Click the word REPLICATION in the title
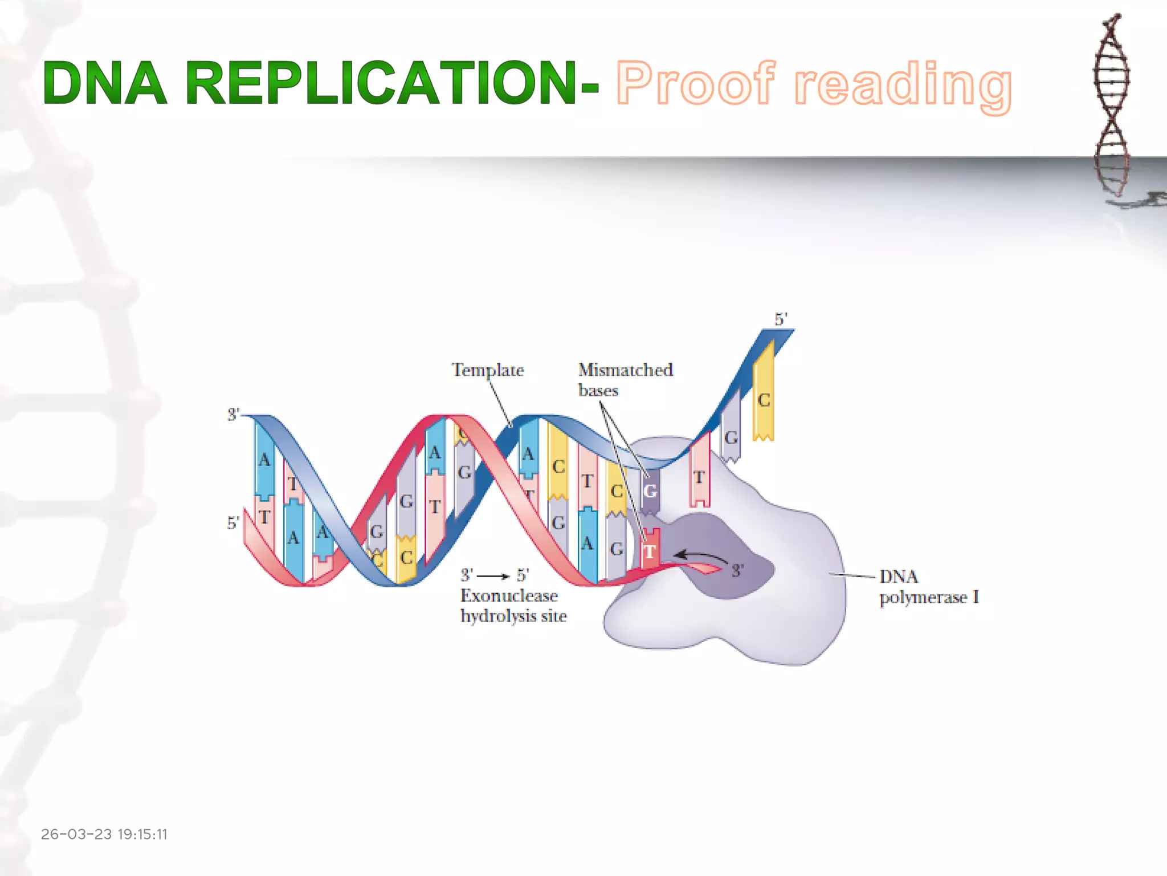381,84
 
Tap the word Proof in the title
696,84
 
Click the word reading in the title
903,86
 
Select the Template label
488,370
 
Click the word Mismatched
625,370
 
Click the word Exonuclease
509,596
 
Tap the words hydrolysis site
513,617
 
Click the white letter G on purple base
650,491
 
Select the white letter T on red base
650,551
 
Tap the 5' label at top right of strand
781,319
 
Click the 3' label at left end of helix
234,415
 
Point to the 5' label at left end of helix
233,523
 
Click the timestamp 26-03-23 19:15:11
104,834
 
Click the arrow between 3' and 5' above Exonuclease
493,576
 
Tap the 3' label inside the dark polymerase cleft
737,570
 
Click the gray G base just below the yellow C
731,438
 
